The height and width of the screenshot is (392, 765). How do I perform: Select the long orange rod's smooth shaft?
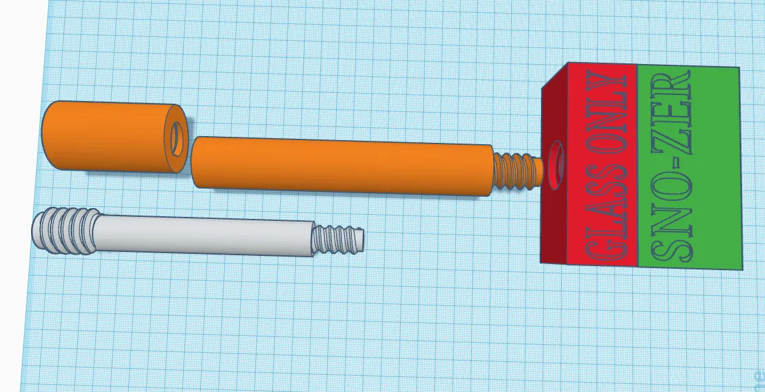pyautogui.click(x=341, y=166)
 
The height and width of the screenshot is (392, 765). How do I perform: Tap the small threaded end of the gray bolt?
pyautogui.click(x=337, y=240)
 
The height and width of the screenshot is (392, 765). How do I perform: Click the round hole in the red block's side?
pyautogui.click(x=556, y=165)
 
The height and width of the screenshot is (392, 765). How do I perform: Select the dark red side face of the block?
pyautogui.click(x=554, y=166)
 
